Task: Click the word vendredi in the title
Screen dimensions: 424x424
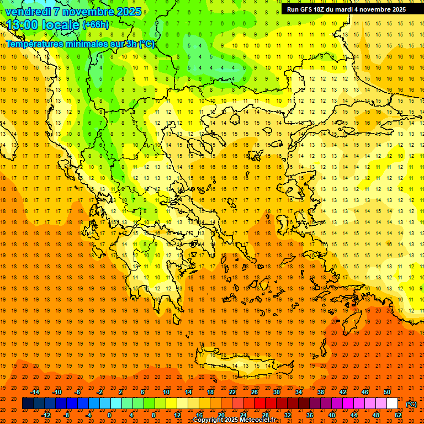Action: (28, 11)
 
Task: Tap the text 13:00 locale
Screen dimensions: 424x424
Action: (43, 25)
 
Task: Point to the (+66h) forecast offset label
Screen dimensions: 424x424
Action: (96, 25)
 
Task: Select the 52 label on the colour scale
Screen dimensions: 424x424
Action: (398, 415)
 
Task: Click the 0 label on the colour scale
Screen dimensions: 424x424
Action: (109, 415)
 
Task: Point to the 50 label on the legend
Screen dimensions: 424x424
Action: (387, 392)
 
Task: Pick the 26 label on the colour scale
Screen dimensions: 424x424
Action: (255, 392)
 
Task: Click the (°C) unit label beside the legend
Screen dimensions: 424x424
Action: (411, 404)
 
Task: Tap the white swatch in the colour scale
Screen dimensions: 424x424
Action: (393, 404)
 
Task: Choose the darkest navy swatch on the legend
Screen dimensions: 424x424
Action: (28, 404)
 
